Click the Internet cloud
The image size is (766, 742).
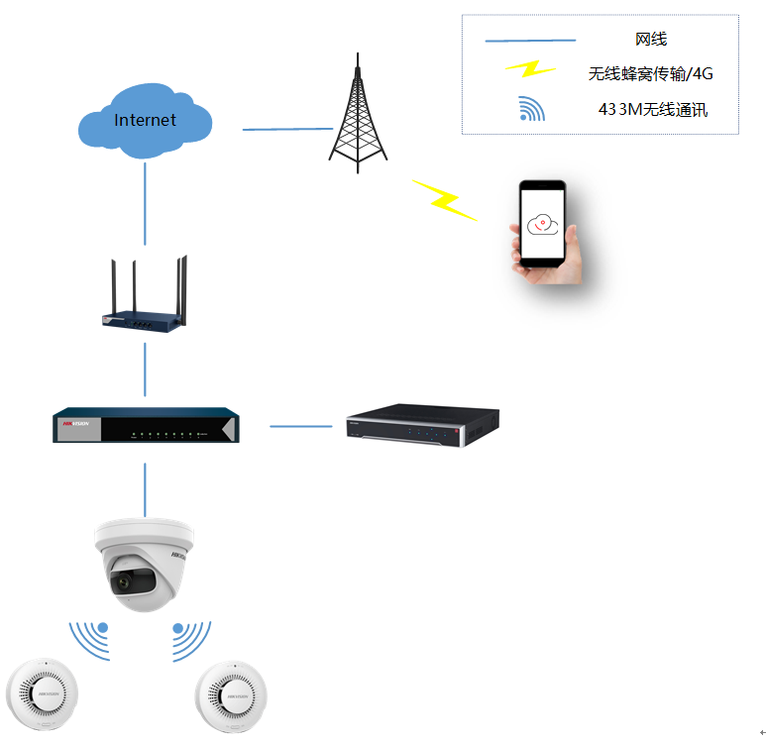tap(145, 120)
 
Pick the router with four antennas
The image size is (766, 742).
tap(145, 297)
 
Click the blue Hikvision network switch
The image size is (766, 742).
tap(146, 424)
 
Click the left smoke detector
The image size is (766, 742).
tap(41, 695)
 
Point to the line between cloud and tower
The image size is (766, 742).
tap(287, 129)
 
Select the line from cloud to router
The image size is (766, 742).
tap(146, 203)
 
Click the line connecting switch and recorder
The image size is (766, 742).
tap(301, 426)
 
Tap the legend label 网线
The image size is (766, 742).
tap(650, 40)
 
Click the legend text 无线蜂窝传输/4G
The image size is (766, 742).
tap(650, 73)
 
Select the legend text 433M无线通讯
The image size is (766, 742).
tap(653, 109)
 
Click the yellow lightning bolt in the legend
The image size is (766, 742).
tap(531, 69)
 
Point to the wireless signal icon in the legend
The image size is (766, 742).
tap(531, 109)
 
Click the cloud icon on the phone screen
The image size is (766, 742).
tap(542, 223)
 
